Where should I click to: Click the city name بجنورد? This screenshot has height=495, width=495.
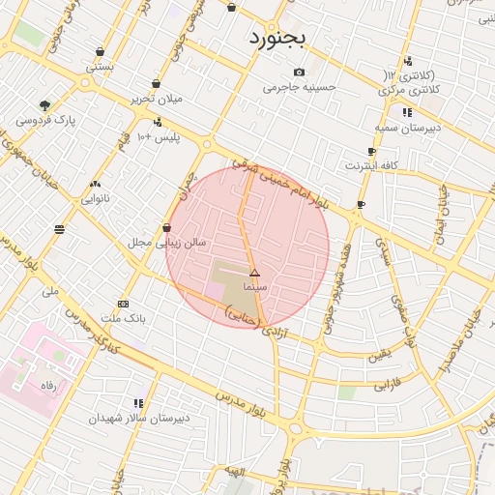pos(277,39)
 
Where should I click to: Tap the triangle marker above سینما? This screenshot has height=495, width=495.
pos(255,274)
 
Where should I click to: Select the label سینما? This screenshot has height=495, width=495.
pos(255,287)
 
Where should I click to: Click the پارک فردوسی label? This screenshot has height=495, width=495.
pos(45,121)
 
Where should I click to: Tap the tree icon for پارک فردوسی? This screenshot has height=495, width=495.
pos(44,105)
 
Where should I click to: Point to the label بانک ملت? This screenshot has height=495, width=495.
pos(123,318)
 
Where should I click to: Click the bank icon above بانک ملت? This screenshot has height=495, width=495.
pos(123,304)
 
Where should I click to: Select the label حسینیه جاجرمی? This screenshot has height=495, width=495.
pos(299,87)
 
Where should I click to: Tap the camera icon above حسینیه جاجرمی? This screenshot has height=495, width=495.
pos(299,73)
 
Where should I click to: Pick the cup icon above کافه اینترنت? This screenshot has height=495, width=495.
pos(371,152)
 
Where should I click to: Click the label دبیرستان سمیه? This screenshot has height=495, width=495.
pos(407,128)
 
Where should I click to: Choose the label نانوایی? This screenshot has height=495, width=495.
pos(95,198)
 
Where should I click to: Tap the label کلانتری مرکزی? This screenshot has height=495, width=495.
pos(412,89)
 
